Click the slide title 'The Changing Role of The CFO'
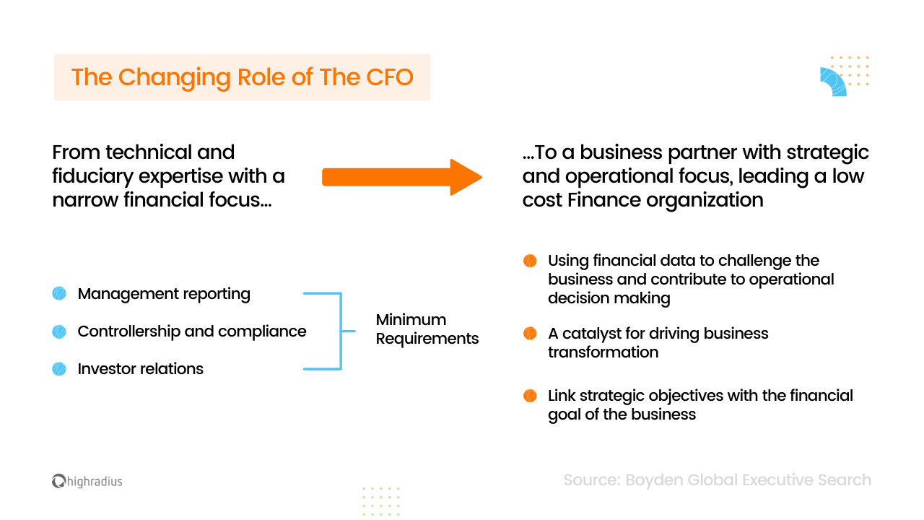[242, 77]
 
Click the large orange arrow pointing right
[401, 177]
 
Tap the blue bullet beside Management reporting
[59, 294]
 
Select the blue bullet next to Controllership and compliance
[59, 331]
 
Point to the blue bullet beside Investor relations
[59, 369]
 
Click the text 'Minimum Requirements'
[427, 329]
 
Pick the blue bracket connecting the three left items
[339, 331]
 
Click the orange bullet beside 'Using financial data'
[530, 261]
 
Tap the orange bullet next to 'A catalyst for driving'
[530, 334]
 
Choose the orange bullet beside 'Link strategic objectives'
[530, 396]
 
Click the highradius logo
[87, 481]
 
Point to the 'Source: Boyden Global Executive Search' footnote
[717, 480]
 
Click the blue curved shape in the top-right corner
[832, 82]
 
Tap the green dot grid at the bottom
[380, 500]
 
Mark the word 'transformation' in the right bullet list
[603, 352]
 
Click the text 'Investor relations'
[141, 369]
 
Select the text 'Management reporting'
[164, 294]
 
